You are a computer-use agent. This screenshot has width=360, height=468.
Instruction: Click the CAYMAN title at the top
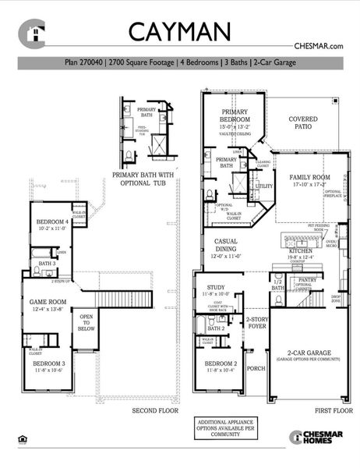tap(179, 31)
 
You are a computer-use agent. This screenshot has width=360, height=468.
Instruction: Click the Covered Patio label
tap(303, 124)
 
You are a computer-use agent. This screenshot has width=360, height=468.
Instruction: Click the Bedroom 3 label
tap(48, 364)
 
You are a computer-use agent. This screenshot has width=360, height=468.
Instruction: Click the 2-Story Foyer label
tap(257, 321)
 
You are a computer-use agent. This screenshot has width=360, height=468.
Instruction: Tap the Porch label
tap(256, 369)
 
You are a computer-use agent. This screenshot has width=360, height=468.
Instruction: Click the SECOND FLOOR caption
tap(155, 410)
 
